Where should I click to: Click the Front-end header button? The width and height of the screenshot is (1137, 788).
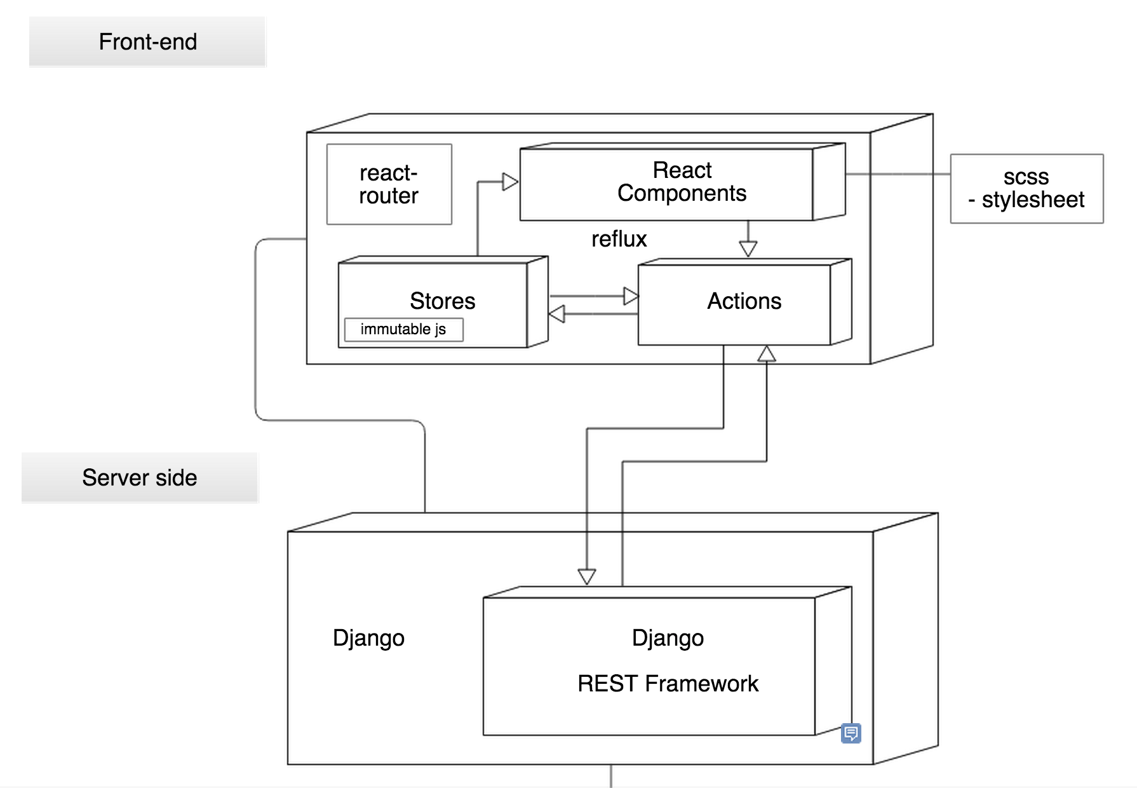(x=147, y=42)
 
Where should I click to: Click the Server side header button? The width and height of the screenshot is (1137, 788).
(x=140, y=478)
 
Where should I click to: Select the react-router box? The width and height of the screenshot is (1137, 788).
(x=389, y=184)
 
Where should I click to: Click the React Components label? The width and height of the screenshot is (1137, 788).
(x=682, y=182)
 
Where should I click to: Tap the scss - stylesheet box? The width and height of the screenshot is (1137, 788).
(x=1026, y=189)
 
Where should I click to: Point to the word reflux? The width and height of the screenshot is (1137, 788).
(x=619, y=240)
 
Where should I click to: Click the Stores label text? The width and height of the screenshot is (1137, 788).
(x=442, y=301)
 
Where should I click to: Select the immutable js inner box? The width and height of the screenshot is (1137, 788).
(x=403, y=329)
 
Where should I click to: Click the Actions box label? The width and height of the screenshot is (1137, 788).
(x=744, y=301)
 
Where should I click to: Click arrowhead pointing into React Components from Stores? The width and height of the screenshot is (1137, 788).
(x=510, y=182)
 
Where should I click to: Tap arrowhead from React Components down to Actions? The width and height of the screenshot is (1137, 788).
(x=748, y=248)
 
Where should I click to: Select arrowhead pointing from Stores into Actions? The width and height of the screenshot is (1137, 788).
(x=630, y=296)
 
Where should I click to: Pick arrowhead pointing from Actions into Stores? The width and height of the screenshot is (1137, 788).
(x=556, y=314)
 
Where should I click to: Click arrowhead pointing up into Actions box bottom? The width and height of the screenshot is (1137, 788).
(x=767, y=354)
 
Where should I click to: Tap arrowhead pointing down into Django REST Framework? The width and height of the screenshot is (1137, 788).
(x=587, y=576)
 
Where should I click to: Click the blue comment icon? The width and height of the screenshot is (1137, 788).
(x=851, y=733)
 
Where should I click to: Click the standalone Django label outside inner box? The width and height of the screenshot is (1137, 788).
(x=368, y=638)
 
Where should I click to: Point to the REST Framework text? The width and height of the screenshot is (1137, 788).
(x=668, y=684)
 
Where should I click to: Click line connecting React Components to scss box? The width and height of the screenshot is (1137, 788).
(x=898, y=173)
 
